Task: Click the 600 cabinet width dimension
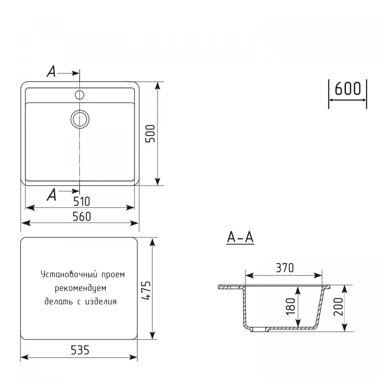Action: tap(348, 89)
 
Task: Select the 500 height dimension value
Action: tap(151, 134)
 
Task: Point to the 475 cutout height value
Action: tap(145, 290)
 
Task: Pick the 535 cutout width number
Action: tap(79, 350)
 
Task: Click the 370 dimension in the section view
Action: tap(284, 268)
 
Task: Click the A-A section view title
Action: tap(240, 238)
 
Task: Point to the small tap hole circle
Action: tap(79, 94)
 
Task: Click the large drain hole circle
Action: tap(79, 119)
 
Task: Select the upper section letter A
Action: tap(51, 72)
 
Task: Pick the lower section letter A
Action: tap(51, 195)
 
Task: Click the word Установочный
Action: tap(65, 275)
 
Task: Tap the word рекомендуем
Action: tap(80, 289)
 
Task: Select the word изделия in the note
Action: tap(100, 302)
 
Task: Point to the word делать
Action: tap(57, 302)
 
